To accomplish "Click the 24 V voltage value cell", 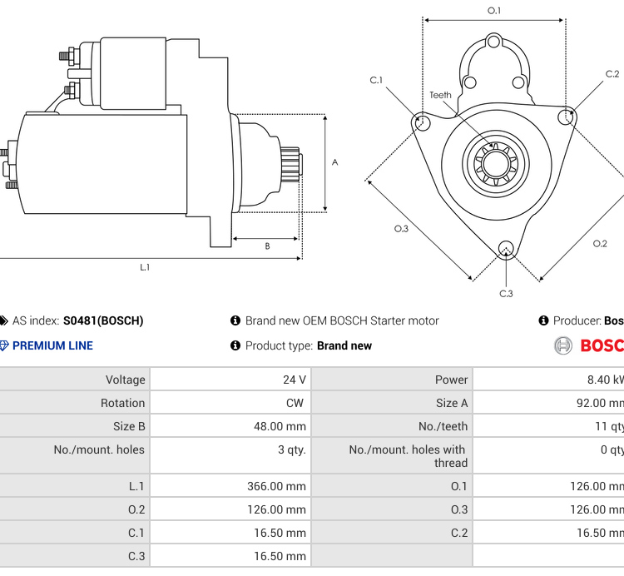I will [x=294, y=380].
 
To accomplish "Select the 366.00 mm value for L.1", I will [x=276, y=486].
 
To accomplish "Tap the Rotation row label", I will [x=123, y=403].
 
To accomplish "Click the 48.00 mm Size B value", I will [x=280, y=426].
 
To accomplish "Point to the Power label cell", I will [x=451, y=380].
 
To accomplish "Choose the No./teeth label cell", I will [x=443, y=426].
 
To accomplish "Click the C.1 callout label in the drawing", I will [x=376, y=80].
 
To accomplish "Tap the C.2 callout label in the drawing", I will [x=612, y=74].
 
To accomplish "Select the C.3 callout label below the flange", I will [x=506, y=293].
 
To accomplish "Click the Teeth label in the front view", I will [x=440, y=95].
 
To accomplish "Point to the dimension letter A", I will [x=335, y=162].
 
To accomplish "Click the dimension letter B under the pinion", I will [x=267, y=246].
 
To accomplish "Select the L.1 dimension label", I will [x=145, y=267].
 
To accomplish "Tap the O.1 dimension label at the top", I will [x=494, y=11].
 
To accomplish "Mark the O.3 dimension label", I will [x=401, y=229].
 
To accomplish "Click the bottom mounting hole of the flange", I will [x=505, y=248].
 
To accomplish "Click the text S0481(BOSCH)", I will [x=103, y=320].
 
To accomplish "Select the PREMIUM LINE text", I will [x=52, y=345].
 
